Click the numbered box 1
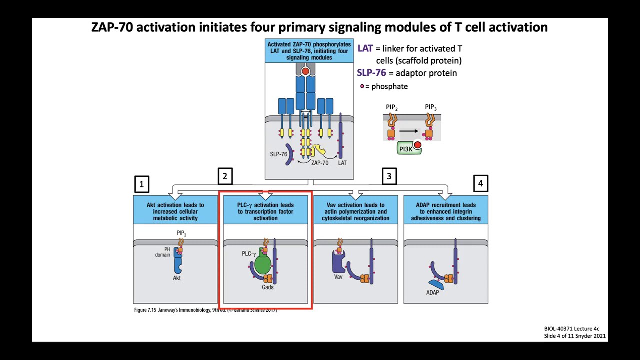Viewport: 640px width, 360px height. [142, 184]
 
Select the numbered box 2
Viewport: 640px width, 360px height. [225, 176]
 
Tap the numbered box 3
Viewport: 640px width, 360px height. [389, 176]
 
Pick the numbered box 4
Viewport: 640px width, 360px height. [480, 183]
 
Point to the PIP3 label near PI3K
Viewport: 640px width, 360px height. [430, 107]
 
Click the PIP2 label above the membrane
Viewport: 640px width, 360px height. [392, 107]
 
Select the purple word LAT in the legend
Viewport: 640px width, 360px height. [365, 48]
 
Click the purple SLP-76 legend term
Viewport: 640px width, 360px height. [371, 73]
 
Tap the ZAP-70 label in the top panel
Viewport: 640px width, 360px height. [320, 163]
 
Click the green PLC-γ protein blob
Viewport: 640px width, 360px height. [263, 264]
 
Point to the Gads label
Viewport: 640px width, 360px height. [268, 287]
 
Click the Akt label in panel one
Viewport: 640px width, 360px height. [177, 278]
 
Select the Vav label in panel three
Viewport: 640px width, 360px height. [338, 277]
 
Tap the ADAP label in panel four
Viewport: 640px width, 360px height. [432, 292]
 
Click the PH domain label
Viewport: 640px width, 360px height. [163, 252]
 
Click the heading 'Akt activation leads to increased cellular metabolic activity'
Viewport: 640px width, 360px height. [175, 211]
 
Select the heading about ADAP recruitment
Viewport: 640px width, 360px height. [446, 211]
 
